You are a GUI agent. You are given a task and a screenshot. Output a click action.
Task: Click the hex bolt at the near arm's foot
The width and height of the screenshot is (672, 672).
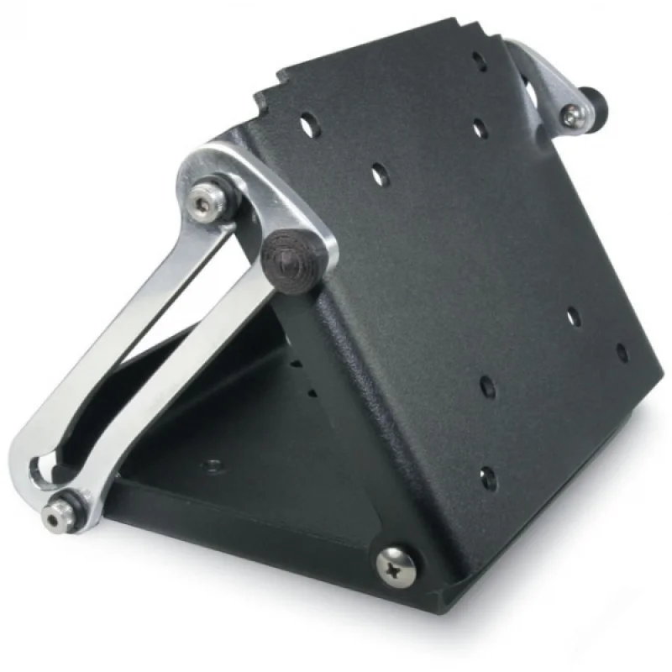click(60, 511)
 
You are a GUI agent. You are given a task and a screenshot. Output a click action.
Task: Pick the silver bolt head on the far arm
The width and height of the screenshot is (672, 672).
click(572, 116)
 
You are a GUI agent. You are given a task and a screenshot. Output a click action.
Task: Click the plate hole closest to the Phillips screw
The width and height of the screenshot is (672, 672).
click(488, 478)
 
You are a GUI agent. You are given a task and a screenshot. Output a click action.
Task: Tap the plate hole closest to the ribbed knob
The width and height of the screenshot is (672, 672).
click(380, 175)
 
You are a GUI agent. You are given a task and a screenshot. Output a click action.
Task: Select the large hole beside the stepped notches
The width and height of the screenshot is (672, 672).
click(308, 128)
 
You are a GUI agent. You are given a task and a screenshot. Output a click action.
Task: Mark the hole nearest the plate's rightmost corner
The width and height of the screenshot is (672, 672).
click(622, 353)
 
